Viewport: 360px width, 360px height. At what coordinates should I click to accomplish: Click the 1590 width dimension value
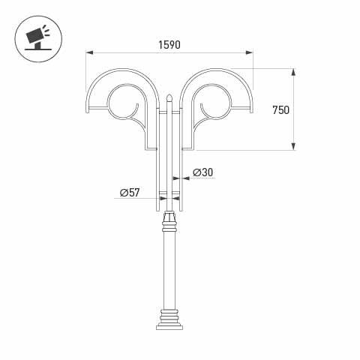(169, 45)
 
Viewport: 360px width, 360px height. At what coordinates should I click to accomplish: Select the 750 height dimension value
(280, 109)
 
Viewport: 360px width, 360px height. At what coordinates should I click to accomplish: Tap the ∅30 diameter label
(202, 172)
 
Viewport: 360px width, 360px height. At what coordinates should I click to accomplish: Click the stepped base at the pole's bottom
(169, 321)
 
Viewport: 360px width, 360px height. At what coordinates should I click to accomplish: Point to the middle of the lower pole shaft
(169, 270)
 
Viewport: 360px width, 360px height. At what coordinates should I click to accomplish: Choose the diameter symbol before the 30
(196, 172)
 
